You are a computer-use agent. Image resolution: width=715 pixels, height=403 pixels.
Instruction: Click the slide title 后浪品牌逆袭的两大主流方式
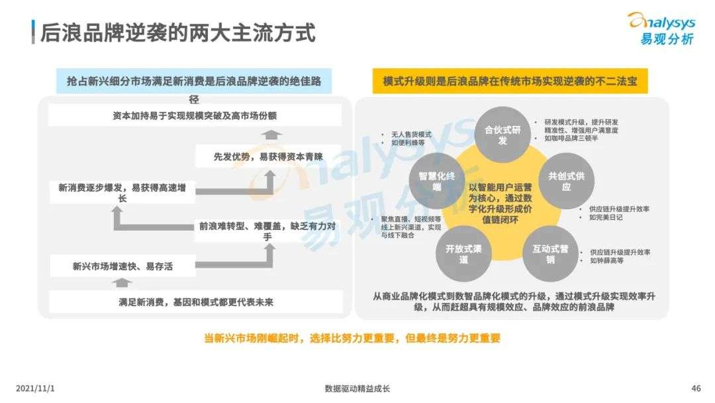coord(177,32)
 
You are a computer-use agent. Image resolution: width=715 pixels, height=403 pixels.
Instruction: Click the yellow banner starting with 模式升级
coord(509,81)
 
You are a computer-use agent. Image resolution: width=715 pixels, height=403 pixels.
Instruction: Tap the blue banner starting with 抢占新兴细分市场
coord(194,82)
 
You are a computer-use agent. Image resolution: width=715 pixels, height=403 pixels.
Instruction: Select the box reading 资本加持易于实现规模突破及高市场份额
coord(195,115)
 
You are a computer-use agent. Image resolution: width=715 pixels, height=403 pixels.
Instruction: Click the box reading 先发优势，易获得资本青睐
coord(268,157)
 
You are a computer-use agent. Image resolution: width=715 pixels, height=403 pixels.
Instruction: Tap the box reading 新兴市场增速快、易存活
coord(124,266)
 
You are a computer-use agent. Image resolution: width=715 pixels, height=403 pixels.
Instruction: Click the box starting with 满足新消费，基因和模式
coord(195,302)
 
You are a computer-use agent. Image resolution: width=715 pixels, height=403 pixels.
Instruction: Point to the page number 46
coord(695,388)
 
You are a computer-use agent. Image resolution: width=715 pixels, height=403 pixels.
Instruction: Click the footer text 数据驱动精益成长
coord(358,388)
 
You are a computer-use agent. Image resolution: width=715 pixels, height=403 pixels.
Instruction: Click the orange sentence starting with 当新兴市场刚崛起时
coord(352,338)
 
